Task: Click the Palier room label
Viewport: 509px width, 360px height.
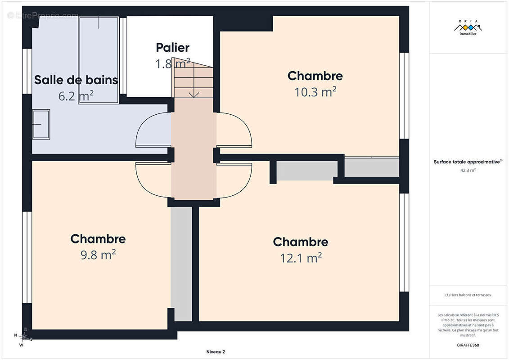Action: tap(172, 47)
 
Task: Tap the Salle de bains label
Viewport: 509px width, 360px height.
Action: tap(76, 80)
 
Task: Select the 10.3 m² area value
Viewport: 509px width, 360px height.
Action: tap(315, 92)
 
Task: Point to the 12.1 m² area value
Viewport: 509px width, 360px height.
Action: tap(301, 258)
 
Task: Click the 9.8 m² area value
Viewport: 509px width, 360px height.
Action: tap(98, 255)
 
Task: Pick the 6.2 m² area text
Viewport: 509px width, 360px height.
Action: tap(76, 96)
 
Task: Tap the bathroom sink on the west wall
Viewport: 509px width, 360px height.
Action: tap(41, 124)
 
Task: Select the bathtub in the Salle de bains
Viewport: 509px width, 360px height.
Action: tap(99, 60)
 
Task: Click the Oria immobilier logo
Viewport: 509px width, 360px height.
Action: tap(468, 27)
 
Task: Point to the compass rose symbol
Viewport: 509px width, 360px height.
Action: tap(23, 337)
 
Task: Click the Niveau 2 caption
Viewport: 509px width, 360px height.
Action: tap(216, 351)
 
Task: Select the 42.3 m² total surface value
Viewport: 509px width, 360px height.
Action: tap(468, 170)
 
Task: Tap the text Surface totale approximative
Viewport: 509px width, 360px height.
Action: tap(467, 162)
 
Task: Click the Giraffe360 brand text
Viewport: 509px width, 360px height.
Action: tap(468, 345)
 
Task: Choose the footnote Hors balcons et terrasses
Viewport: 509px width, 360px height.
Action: tap(468, 295)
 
